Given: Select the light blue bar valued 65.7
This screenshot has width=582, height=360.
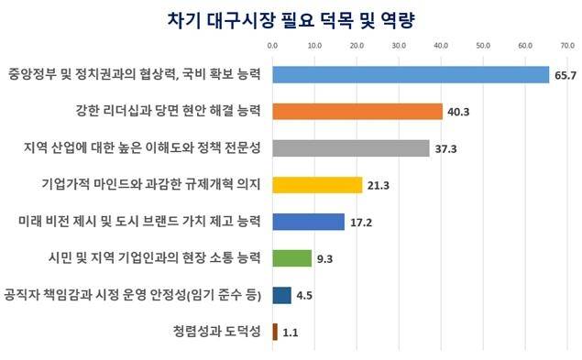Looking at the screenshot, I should pos(410,74).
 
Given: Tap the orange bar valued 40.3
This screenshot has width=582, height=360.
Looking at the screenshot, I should pos(357,111).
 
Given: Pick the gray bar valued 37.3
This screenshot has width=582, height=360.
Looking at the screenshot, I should pos(350,147).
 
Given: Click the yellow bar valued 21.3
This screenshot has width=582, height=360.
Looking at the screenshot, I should pos(316,185).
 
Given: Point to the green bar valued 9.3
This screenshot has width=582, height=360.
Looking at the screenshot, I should pos(291,258).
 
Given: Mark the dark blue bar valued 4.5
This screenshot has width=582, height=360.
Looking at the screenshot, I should pos(281,295).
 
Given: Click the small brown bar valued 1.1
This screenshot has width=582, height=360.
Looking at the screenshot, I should pos(274,332).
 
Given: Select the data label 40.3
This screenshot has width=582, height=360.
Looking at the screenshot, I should pos(459,112).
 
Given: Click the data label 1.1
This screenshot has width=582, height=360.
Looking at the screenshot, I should pos(291,333).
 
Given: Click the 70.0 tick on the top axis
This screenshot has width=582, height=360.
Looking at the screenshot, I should pos(567,44).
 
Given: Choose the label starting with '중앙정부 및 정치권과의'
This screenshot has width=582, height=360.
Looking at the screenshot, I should pos(135,73).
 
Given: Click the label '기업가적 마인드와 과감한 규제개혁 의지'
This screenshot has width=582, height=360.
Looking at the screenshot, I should pos(152,184).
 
